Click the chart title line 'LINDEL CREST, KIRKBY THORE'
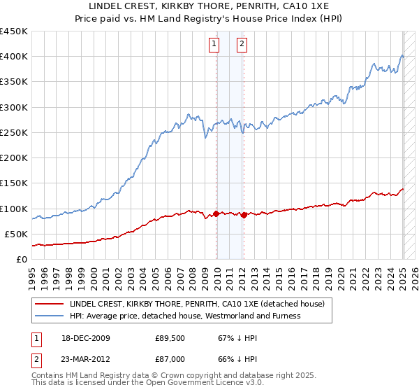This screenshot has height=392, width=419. (x=209, y=8)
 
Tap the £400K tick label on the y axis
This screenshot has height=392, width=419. (x=14, y=57)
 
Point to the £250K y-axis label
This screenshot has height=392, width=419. (x=14, y=133)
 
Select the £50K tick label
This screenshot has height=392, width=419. (x=17, y=234)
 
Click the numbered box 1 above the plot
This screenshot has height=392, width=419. (x=214, y=44)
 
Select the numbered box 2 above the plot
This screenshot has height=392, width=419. (x=242, y=44)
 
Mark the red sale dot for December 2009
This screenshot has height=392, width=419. (x=216, y=213)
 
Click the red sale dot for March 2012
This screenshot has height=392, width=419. (x=244, y=215)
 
